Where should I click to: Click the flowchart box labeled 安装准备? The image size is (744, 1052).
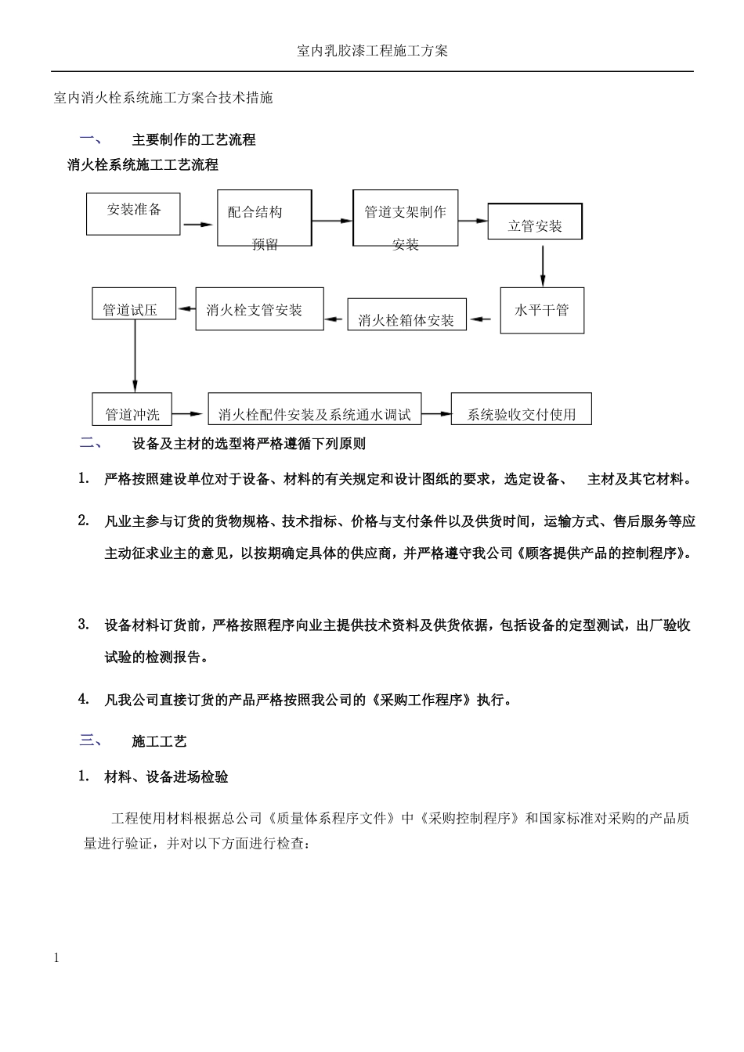134,214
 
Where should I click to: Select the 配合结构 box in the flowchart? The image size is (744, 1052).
264,218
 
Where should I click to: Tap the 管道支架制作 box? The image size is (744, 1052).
405,218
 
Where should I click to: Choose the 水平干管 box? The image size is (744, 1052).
542,311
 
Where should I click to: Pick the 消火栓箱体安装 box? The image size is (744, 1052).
406,315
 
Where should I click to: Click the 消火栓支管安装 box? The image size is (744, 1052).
259,308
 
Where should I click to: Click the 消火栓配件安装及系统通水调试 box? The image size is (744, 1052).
314,409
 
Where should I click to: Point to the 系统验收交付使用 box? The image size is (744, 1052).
521,409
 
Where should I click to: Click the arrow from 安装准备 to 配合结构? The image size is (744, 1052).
198,225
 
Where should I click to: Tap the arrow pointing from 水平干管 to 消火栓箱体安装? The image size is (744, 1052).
483,319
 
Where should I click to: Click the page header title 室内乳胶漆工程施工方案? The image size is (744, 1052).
373,51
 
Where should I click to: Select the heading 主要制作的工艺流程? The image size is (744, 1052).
193,140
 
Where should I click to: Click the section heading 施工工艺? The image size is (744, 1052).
159,741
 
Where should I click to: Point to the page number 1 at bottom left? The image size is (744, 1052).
56,958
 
